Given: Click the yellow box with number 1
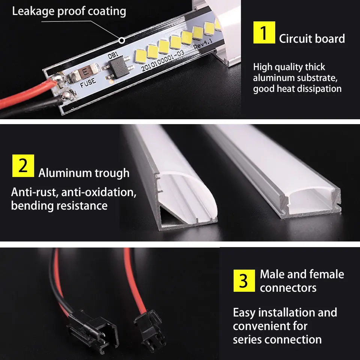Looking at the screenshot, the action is pos(264,32).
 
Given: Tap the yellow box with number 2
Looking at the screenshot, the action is pos(23,166).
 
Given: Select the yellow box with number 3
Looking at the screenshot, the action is pos(244,280).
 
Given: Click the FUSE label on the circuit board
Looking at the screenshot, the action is pos(88,82).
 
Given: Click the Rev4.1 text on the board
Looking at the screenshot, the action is pos(203,43).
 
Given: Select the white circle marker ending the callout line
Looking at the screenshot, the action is pos(121,40).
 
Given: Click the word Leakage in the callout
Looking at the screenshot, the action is pos(33,12).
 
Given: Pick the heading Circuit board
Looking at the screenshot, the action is pos(312,38).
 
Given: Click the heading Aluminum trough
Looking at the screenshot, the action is pos(84,173).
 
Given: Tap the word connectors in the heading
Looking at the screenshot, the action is pos(288,288).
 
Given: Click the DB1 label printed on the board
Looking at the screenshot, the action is pos(113,55).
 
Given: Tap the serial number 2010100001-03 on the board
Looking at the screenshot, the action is pos(162,61).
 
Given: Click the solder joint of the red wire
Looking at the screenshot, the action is pos(58,78).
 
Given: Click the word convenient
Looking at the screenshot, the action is pos(270,326).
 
